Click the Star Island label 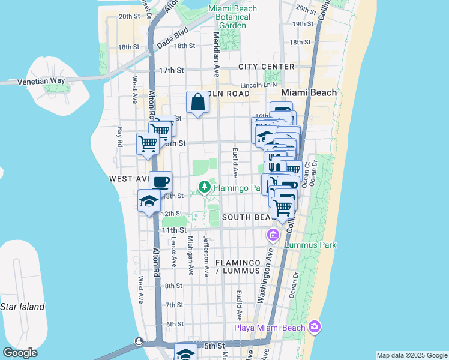point(22,307)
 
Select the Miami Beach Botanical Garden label point(233,17)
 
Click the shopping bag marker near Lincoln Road point(197,104)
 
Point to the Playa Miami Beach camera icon point(314,326)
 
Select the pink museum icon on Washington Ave point(273,233)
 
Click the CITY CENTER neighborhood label point(267,67)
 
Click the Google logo point(20,353)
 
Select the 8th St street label point(173,286)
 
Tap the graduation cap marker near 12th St point(149,202)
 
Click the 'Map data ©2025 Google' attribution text point(412,355)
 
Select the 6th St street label point(175,324)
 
